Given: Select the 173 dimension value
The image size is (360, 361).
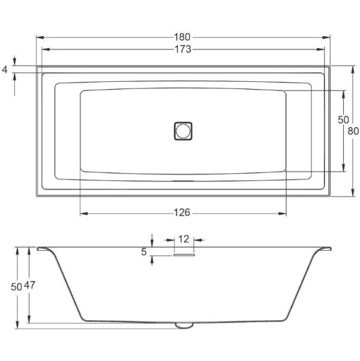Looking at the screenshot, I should tap(184, 49).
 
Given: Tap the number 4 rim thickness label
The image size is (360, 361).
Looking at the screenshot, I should tap(5, 70).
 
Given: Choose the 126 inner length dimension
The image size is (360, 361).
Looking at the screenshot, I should tap(182, 212).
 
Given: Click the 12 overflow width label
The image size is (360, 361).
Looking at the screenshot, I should tap(184, 239).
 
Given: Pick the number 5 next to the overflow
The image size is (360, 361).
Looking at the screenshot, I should tap(144, 252).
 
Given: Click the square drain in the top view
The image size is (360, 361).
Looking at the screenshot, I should tap(183, 130).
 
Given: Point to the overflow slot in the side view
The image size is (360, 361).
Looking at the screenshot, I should tap(185, 254).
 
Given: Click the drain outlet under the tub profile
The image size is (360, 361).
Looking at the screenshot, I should tap(183, 326).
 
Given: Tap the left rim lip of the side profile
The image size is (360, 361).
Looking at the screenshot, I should tap(43, 248).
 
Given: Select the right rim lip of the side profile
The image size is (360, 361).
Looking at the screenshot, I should tap(325, 248).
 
